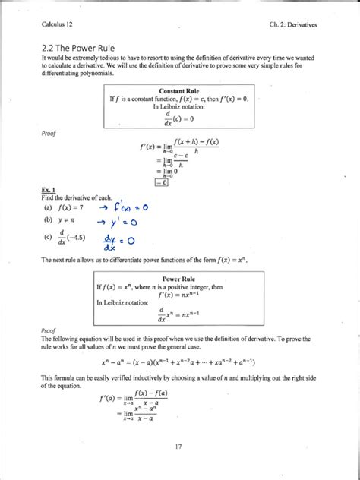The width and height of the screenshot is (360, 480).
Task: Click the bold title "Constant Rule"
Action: point(178,90)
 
